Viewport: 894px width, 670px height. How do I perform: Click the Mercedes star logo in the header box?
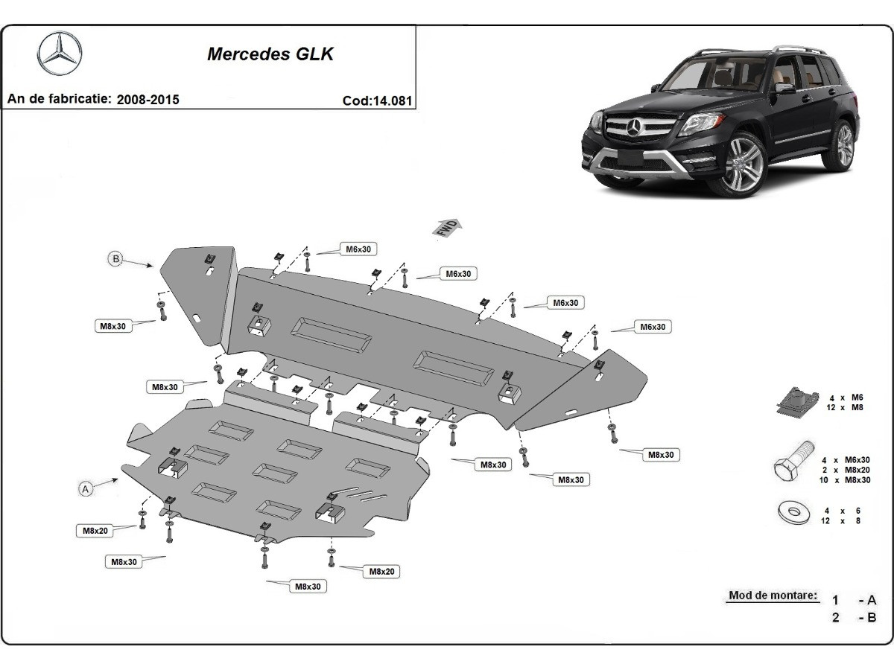60,54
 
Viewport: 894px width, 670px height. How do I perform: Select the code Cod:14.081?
377,100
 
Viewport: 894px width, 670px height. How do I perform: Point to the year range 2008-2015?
148,99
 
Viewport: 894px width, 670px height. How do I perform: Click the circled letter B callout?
115,259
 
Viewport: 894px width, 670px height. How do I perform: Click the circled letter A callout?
86,489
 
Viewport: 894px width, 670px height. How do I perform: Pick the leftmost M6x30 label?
358,249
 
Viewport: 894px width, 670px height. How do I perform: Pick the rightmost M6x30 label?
652,327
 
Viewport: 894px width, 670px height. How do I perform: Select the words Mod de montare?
773,596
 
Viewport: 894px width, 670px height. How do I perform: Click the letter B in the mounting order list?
872,617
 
